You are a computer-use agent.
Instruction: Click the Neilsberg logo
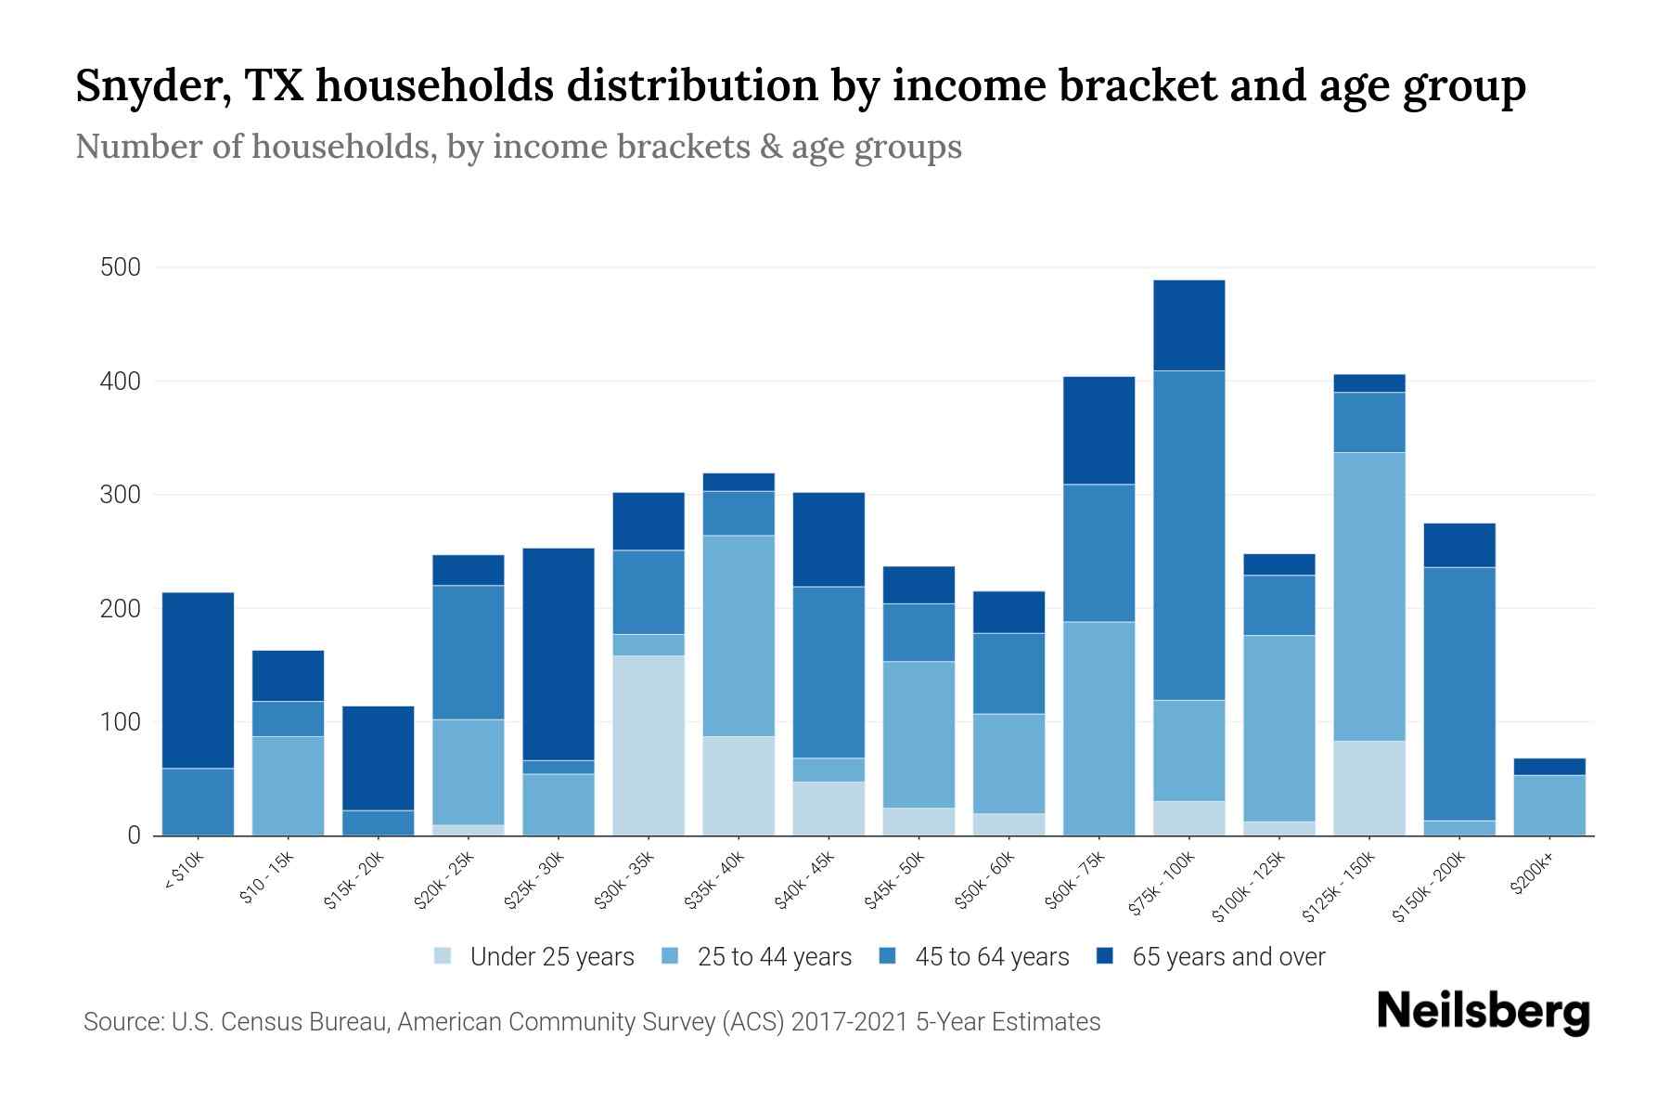[1483, 1011]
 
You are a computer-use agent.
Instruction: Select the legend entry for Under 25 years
[551, 957]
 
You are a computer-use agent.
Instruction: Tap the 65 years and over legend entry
[1227, 957]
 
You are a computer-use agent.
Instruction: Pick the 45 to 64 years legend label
[991, 957]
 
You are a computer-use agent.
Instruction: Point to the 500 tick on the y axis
[121, 268]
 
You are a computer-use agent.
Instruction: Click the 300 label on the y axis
[121, 495]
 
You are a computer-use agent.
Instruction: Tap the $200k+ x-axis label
[1532, 877]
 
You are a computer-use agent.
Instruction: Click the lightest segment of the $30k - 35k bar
[649, 745]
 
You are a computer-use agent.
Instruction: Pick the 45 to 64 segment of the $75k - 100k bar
[1189, 536]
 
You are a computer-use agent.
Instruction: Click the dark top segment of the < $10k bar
[198, 680]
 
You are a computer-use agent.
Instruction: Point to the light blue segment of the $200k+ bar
[1549, 805]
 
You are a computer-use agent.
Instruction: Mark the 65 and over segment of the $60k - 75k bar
[1098, 431]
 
